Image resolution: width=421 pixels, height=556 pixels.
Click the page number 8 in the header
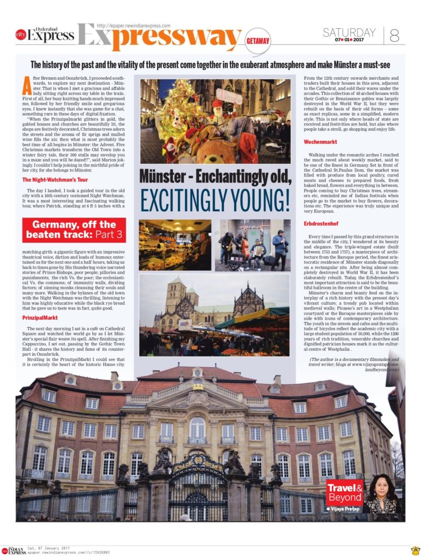(x=394, y=35)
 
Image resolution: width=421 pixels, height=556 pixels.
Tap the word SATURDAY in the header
(x=349, y=32)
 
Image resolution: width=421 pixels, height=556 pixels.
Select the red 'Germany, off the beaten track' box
(x=74, y=230)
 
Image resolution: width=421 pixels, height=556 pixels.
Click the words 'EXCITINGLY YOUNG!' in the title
(x=215, y=200)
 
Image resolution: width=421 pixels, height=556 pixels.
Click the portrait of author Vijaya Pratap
(x=382, y=495)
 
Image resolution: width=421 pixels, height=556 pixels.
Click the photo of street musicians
(x=252, y=245)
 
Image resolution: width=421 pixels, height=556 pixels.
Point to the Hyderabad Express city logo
(x=45, y=35)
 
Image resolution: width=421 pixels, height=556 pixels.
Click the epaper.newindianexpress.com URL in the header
(x=133, y=26)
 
